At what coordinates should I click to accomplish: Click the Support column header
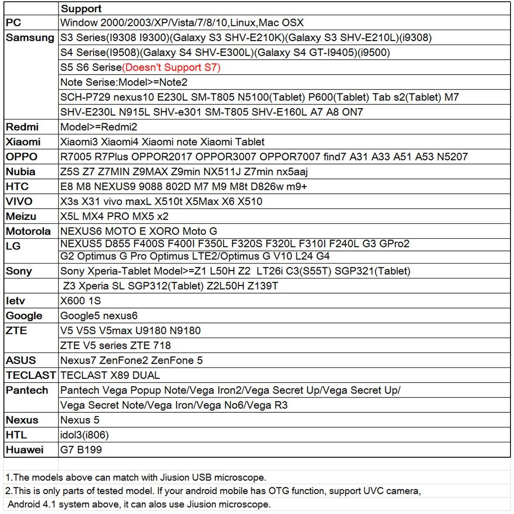coord(81,9)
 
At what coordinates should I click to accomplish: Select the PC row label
coord(14,23)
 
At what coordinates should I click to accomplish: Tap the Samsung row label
coord(30,38)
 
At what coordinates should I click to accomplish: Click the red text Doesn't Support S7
coord(171,67)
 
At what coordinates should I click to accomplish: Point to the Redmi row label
coord(22,127)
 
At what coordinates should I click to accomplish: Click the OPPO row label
coord(21,157)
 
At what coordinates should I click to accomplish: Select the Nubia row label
coord(21,171)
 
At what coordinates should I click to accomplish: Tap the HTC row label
coord(17,186)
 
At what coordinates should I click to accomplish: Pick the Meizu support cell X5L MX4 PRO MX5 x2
coord(114,216)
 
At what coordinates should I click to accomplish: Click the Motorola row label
coord(28,231)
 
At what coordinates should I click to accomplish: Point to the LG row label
coord(13,246)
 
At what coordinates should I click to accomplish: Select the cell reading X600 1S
coord(80,301)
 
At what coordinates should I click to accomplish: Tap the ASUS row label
coord(21,360)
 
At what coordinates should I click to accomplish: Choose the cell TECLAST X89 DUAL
coord(110,375)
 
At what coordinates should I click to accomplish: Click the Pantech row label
coord(27,390)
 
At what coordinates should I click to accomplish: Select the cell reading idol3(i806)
coord(85,435)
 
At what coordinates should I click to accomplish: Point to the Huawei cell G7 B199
coord(81,449)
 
